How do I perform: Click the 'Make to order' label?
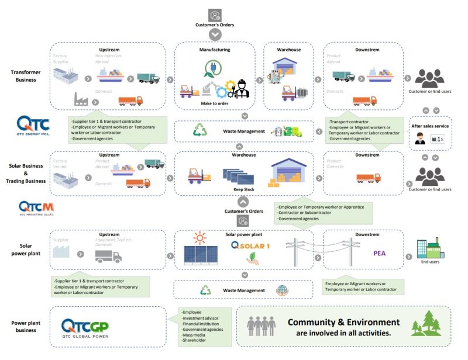click(215, 103)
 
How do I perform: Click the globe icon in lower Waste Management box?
click(281, 290)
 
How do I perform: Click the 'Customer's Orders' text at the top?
click(215, 25)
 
